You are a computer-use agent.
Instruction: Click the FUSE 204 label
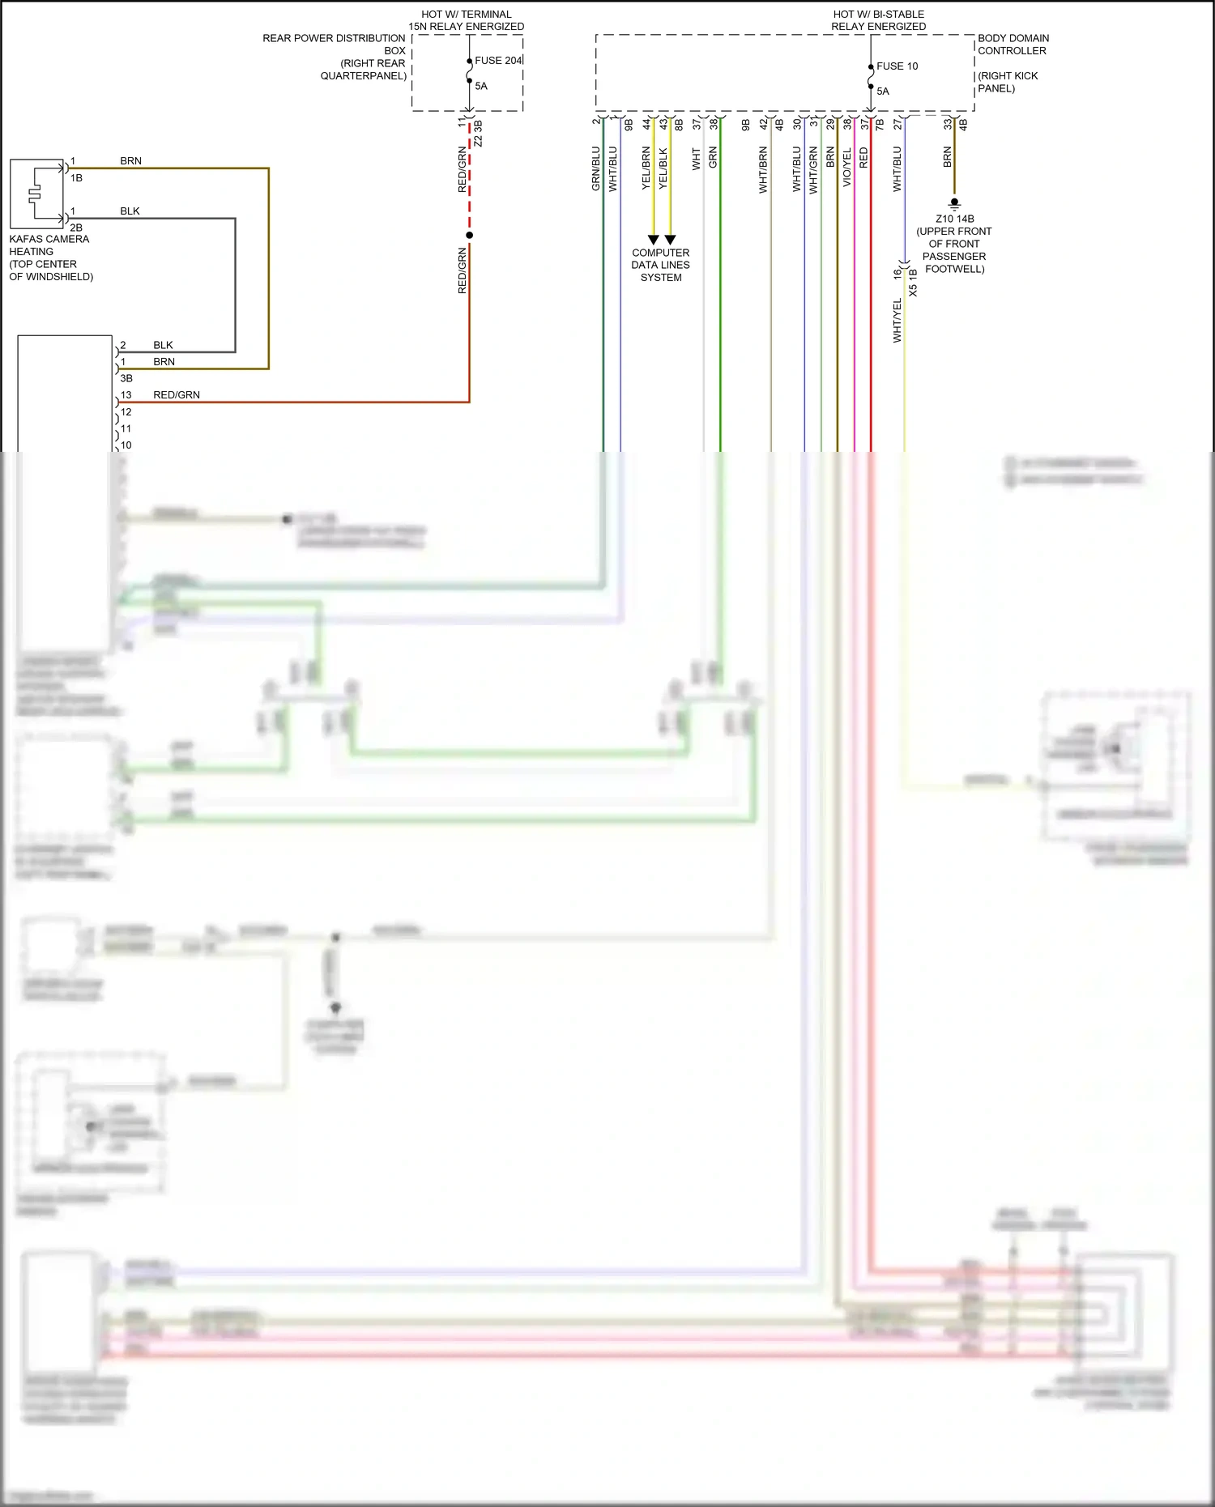pyautogui.click(x=497, y=61)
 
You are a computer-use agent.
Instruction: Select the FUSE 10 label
pyautogui.click(x=897, y=66)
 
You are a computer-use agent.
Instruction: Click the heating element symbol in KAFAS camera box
pyautogui.click(x=35, y=194)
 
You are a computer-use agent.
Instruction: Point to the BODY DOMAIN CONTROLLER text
pyautogui.click(x=1013, y=45)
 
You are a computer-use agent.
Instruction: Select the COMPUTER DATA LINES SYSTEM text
pyautogui.click(x=661, y=265)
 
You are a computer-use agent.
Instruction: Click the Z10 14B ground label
pyautogui.click(x=954, y=219)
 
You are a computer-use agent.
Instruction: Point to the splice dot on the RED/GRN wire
pyautogui.click(x=469, y=235)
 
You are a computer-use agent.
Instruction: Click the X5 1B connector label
pyautogui.click(x=914, y=283)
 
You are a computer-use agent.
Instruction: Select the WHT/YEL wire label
pyautogui.click(x=897, y=321)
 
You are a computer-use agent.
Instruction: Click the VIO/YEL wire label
pyautogui.click(x=846, y=168)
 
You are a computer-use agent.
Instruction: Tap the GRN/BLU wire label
pyautogui.click(x=595, y=168)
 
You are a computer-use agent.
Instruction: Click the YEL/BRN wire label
pyautogui.click(x=646, y=168)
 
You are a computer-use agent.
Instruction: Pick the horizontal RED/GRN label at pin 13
pyautogui.click(x=177, y=395)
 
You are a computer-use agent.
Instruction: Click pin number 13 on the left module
pyautogui.click(x=126, y=395)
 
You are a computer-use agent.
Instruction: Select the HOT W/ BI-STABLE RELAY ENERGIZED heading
pyautogui.click(x=878, y=20)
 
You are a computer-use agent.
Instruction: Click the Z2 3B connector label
pyautogui.click(x=478, y=134)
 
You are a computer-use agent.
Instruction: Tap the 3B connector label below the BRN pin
pyautogui.click(x=126, y=378)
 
